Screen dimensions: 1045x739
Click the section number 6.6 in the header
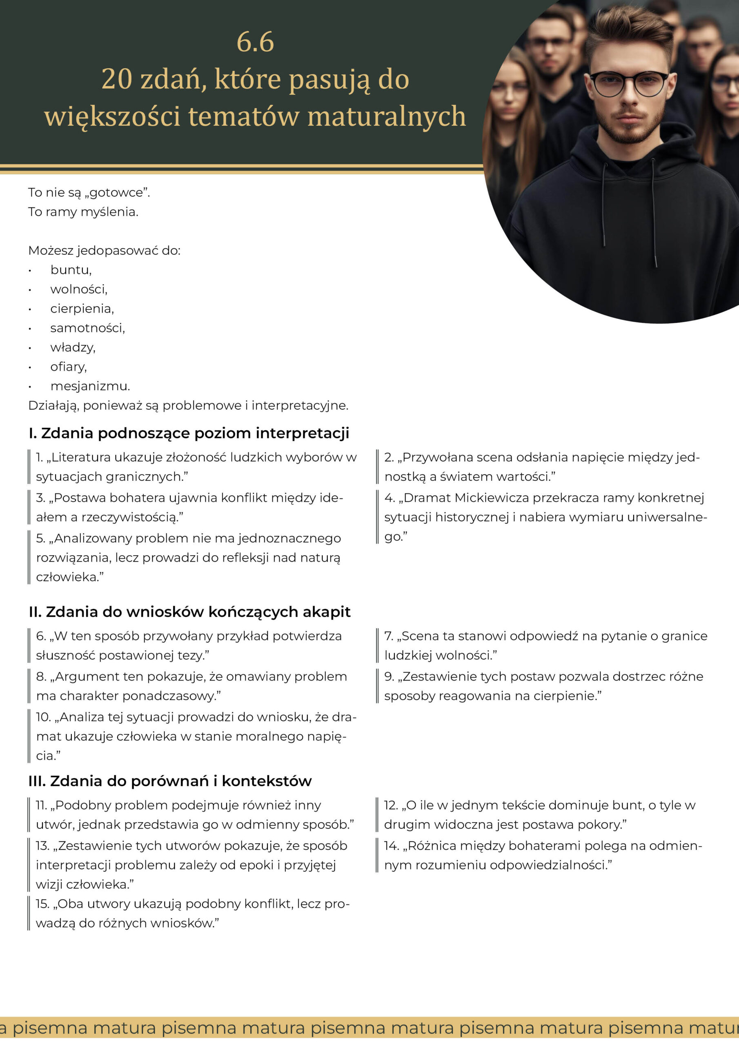tap(255, 42)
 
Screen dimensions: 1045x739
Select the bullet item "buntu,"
tap(71, 270)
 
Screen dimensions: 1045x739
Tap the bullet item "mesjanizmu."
tap(90, 386)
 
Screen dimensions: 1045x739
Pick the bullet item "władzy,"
tap(72, 347)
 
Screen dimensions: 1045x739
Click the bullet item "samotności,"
tap(87, 328)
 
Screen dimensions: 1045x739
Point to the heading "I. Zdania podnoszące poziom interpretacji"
tap(189, 433)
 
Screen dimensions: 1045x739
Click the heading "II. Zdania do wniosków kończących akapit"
tap(189, 612)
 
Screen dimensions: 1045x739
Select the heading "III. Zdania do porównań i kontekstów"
tap(170, 780)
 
